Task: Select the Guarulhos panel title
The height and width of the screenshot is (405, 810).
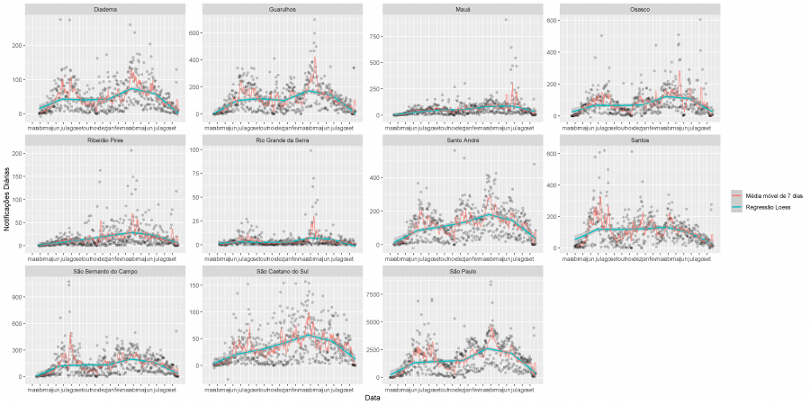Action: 282,10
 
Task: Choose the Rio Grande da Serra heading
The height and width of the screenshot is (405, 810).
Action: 282,140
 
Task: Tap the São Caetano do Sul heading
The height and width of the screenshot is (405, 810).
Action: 282,271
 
